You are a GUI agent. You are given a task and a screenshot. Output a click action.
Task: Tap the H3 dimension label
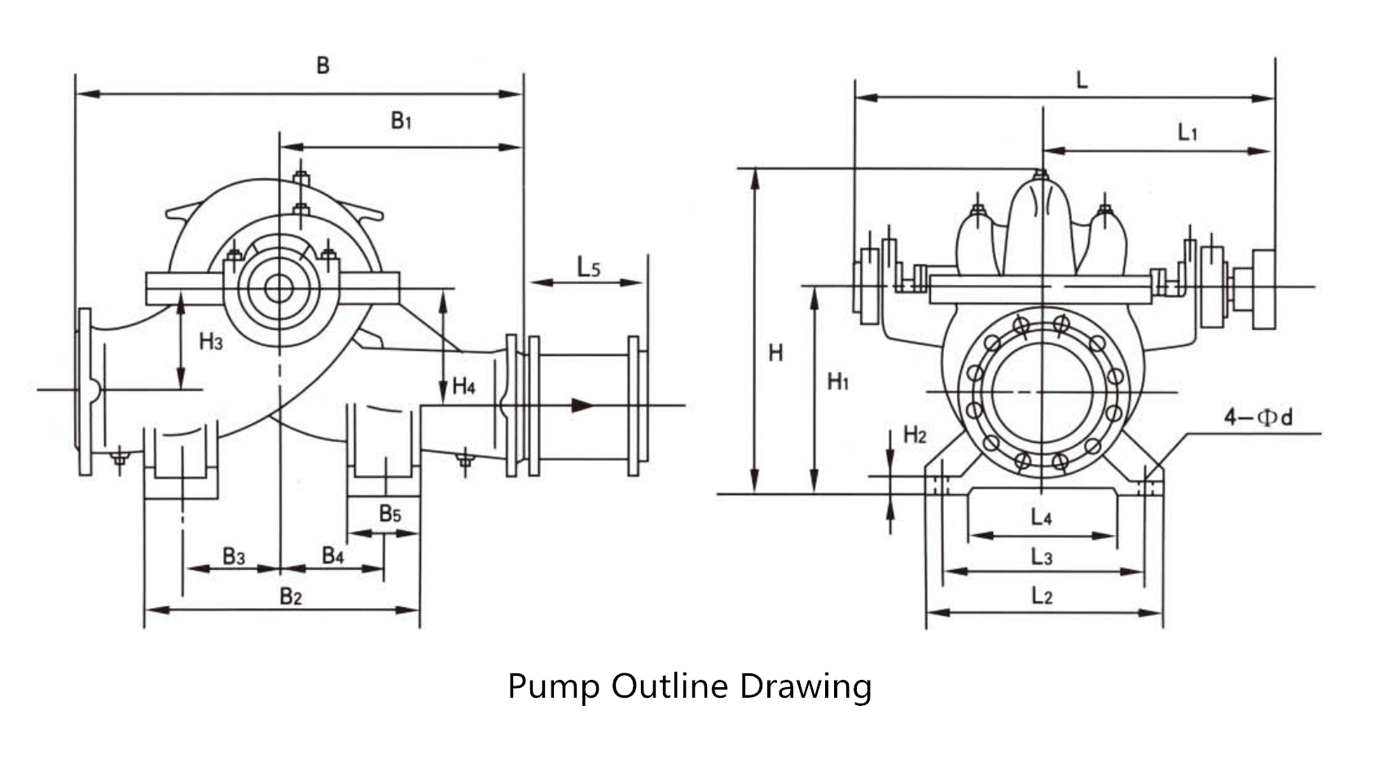click(x=210, y=342)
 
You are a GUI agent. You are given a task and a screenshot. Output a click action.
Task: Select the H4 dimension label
click(x=463, y=386)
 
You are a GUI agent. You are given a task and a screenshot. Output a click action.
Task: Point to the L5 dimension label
click(x=588, y=267)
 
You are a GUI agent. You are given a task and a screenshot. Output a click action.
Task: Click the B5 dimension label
click(x=390, y=514)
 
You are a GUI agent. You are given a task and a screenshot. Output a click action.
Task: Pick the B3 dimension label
click(x=234, y=556)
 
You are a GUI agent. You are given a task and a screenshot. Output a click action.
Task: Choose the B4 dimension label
click(x=332, y=556)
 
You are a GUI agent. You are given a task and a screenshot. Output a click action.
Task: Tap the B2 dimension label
click(x=291, y=596)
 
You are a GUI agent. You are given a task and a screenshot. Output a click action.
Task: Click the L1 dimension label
click(x=1188, y=132)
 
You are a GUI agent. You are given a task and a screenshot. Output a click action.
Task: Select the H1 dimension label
click(x=838, y=380)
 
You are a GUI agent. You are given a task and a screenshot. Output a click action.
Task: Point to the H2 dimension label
click(x=915, y=435)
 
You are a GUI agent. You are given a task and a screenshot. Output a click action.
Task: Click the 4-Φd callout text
click(x=1258, y=418)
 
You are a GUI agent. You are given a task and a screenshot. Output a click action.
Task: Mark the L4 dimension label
click(x=1041, y=517)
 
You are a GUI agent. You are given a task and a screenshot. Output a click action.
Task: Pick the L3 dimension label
click(x=1041, y=557)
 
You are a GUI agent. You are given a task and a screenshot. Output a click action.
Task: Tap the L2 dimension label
click(x=1041, y=596)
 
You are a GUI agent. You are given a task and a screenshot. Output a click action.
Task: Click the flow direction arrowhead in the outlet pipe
click(x=582, y=405)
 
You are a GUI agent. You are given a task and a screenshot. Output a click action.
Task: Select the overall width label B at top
click(x=323, y=65)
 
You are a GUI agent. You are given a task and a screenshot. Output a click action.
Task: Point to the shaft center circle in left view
click(x=279, y=288)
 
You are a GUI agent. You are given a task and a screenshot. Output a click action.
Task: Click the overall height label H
click(x=775, y=353)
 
